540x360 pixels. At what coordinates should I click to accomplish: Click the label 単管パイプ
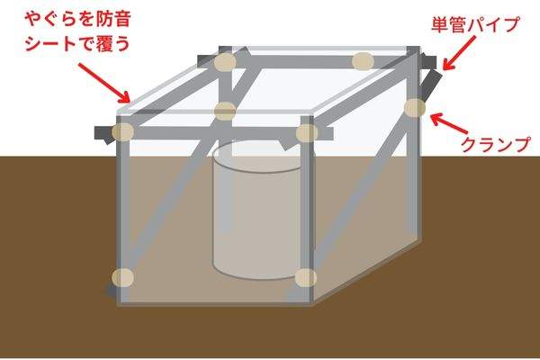[x=475, y=25]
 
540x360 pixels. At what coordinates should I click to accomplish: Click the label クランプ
[x=495, y=144]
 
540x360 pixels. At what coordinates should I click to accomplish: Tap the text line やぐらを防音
[x=78, y=19]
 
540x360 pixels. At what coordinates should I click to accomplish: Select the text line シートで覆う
[x=77, y=43]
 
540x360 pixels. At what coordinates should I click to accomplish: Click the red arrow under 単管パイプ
[x=458, y=53]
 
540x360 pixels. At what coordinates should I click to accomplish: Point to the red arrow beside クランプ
[x=449, y=124]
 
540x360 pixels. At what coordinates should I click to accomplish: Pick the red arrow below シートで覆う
[x=103, y=83]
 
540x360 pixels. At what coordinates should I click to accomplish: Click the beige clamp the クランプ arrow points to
[x=415, y=108]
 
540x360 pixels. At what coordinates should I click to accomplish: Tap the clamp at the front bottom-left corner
[x=122, y=278]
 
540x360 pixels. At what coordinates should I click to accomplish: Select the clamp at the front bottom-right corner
[x=306, y=278]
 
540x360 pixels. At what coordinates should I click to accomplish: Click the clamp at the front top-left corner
[x=122, y=132]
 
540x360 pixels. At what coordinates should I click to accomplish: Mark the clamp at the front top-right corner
[x=307, y=133]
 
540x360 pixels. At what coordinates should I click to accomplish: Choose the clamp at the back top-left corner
[x=225, y=62]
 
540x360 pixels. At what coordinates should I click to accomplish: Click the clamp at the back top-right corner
[x=363, y=61]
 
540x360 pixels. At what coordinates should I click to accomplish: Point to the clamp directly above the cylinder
[x=225, y=112]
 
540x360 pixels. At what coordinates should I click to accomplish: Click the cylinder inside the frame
[x=257, y=210]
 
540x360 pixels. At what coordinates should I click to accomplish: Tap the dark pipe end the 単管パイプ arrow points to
[x=427, y=62]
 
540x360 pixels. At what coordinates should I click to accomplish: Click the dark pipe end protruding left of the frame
[x=104, y=135]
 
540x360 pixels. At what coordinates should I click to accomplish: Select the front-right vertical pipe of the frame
[x=307, y=210]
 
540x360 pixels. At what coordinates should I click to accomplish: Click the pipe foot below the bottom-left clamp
[x=112, y=292]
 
